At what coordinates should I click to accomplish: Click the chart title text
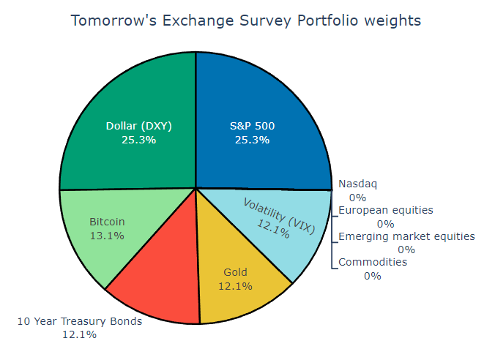pos(246,20)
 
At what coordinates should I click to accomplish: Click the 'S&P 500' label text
pos(252,125)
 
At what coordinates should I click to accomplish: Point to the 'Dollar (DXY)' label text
pos(139,125)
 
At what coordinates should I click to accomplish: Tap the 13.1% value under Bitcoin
pos(107,236)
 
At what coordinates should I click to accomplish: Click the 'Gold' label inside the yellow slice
pos(235,272)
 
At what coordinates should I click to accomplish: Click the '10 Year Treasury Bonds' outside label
pos(79,320)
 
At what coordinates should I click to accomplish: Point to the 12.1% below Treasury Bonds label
pos(79,334)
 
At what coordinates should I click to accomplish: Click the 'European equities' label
pos(385,210)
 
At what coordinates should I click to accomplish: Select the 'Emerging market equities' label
pos(406,236)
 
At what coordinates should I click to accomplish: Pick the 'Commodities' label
pos(372,262)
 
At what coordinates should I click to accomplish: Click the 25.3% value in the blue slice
pos(252,140)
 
